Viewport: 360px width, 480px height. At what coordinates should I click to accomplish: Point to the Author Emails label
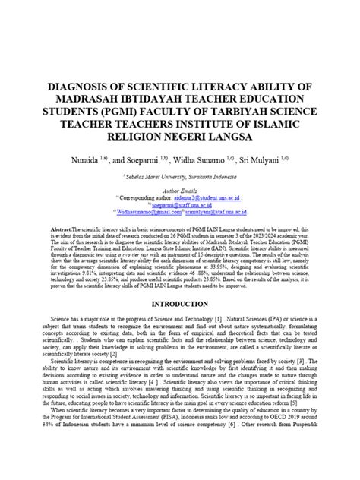coord(180,191)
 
